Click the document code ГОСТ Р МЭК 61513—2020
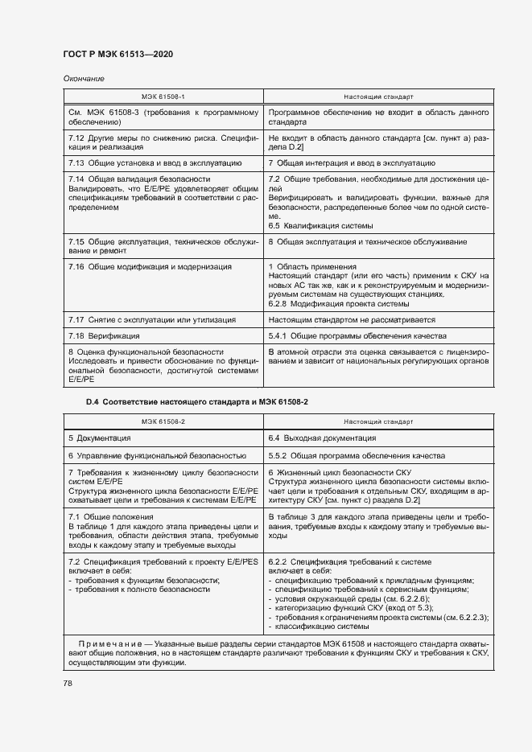[x=118, y=54]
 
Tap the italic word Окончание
[x=83, y=78]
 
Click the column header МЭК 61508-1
[x=163, y=97]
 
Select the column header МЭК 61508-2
[x=163, y=421]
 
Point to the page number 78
[x=68, y=683]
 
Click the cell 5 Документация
[x=99, y=438]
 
